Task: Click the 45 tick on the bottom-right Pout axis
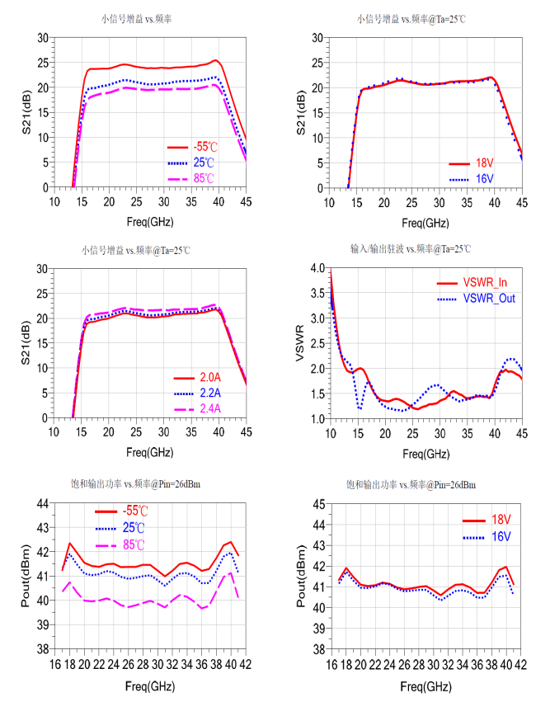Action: (316, 503)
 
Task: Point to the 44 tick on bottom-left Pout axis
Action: (40, 503)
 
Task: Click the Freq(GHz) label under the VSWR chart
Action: (425, 453)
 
